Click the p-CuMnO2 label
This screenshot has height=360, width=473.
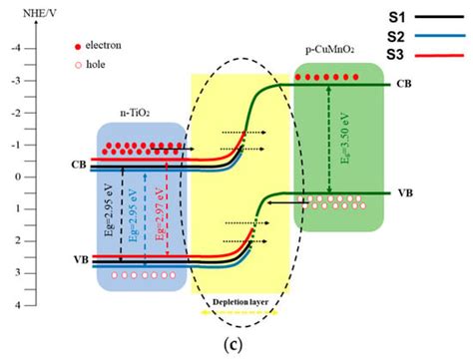click(x=334, y=49)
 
